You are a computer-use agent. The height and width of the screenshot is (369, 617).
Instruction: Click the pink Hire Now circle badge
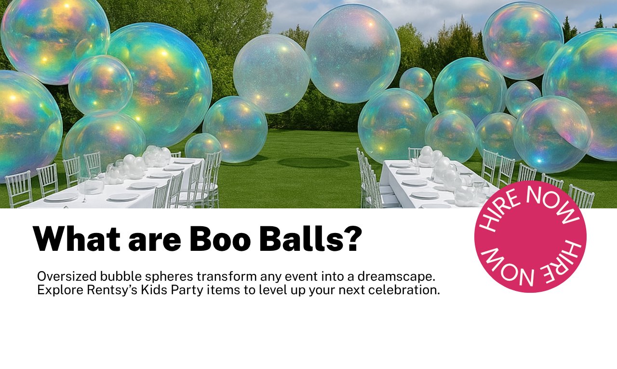(530, 236)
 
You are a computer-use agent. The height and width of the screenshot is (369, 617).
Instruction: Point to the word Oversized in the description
(67, 277)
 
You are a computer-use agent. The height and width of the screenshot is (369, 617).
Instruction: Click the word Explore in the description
(56, 291)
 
